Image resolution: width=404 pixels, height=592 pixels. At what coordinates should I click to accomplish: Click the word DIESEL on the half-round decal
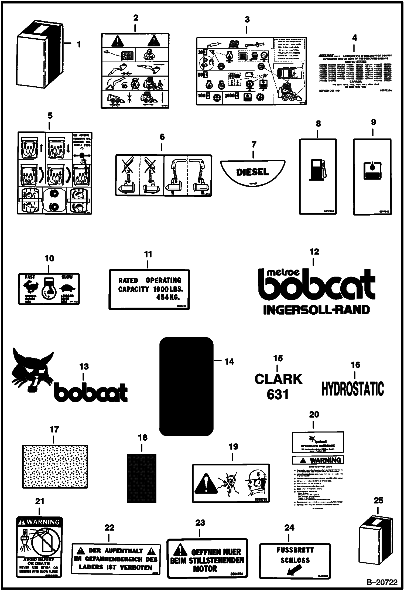coord(252,172)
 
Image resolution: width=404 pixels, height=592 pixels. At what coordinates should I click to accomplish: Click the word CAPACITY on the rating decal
coord(133,289)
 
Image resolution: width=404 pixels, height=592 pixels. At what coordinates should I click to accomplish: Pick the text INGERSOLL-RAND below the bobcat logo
coord(316,310)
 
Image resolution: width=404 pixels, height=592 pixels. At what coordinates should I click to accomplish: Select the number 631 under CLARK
coord(278,394)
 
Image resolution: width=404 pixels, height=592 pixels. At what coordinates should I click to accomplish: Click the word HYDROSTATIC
coord(353,389)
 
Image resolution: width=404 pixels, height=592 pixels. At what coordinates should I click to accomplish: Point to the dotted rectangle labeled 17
coord(55,466)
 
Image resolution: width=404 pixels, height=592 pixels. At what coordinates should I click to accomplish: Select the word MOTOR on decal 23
coord(205,569)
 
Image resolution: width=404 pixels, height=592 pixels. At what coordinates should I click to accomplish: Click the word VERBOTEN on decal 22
coord(136,567)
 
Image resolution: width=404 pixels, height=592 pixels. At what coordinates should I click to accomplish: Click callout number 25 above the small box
coord(378,501)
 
